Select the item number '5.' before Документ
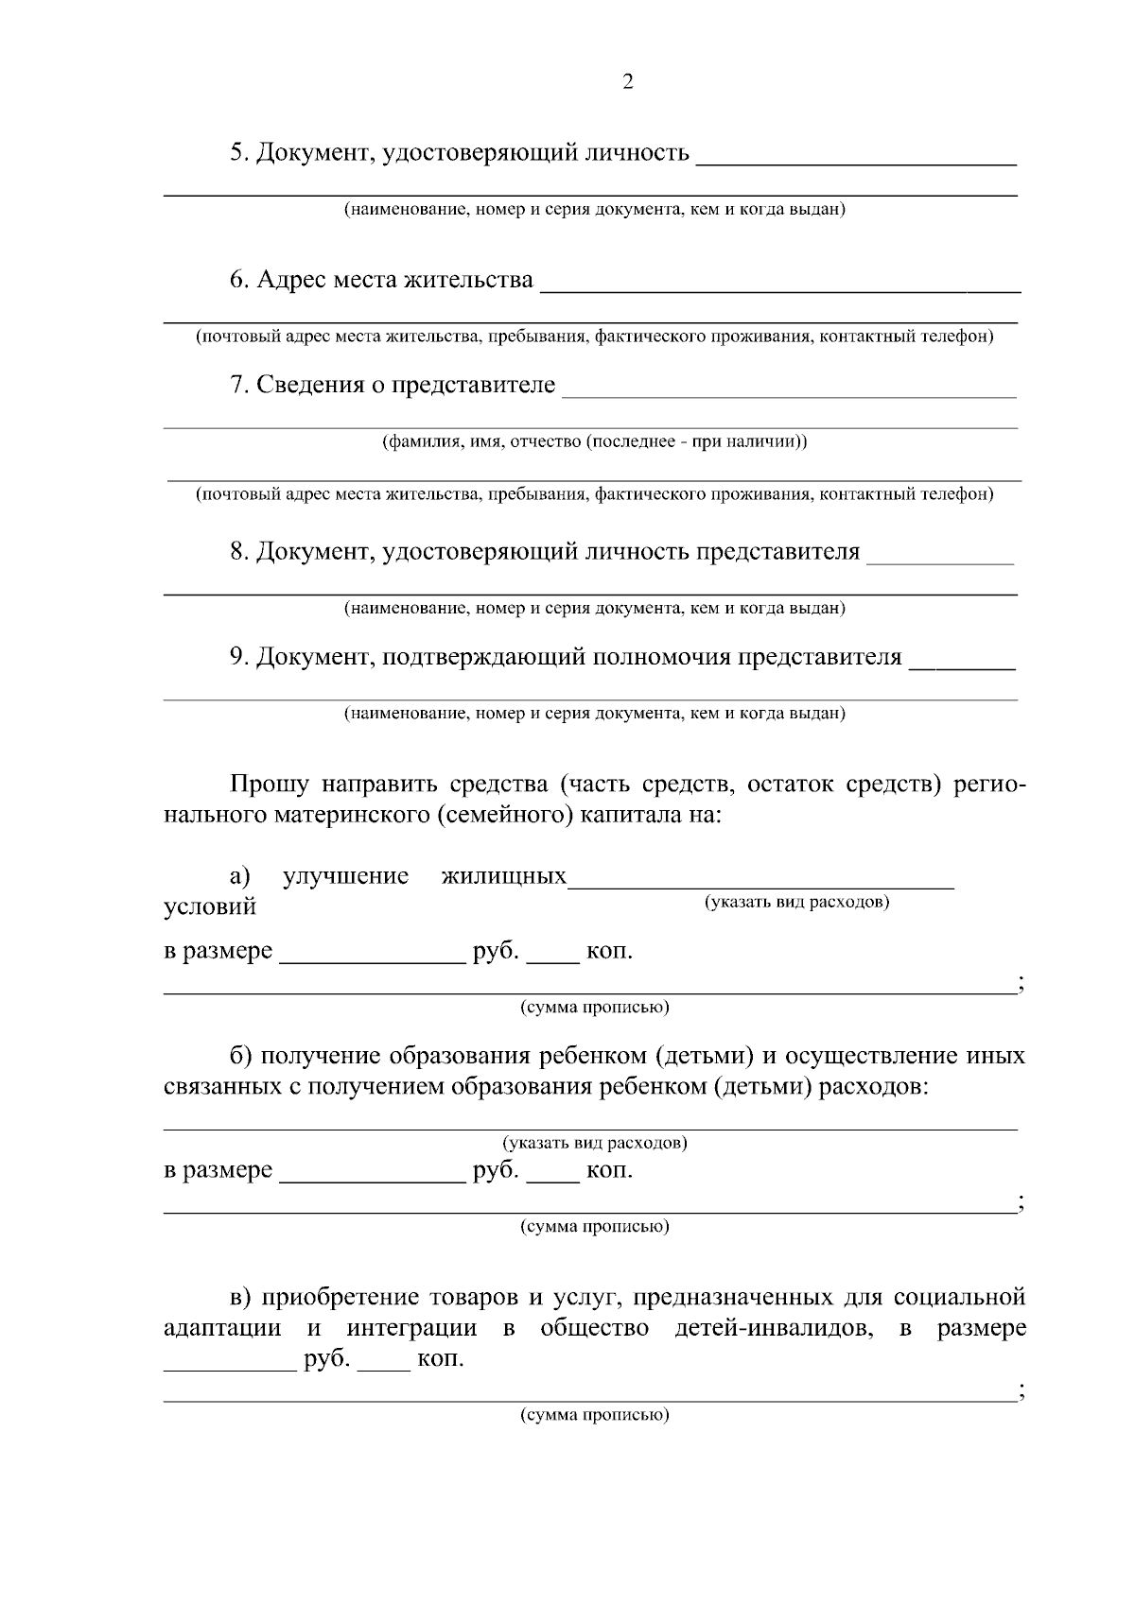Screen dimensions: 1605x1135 (x=239, y=152)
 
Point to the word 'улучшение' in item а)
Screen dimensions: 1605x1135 (x=345, y=875)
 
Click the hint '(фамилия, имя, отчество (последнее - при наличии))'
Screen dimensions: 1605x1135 (x=594, y=441)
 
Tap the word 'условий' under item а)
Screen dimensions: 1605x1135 (x=210, y=907)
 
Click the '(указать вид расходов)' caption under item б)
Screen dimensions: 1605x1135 (x=594, y=1143)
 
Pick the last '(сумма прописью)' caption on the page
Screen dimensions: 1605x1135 (x=594, y=1416)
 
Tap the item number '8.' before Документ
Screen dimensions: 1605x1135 (x=239, y=551)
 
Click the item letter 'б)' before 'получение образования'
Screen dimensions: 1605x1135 (x=240, y=1056)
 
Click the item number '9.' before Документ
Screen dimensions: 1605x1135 (x=239, y=656)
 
